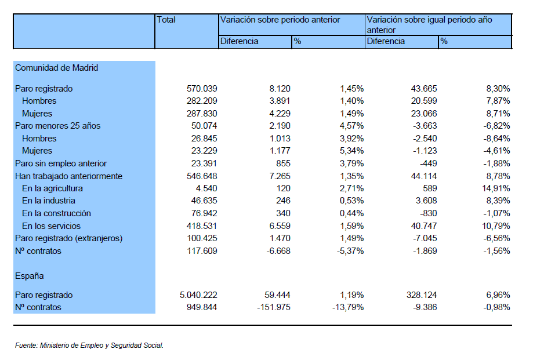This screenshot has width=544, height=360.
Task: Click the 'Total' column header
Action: pyautogui.click(x=166, y=20)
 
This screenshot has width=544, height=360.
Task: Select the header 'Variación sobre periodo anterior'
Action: pyautogui.click(x=280, y=20)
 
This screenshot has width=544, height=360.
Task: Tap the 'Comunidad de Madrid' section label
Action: pyautogui.click(x=57, y=68)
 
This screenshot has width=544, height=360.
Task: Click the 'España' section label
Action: pyautogui.click(x=30, y=276)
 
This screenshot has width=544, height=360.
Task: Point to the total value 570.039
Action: pyautogui.click(x=202, y=89)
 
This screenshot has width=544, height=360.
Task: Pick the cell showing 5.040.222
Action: pyautogui.click(x=198, y=295)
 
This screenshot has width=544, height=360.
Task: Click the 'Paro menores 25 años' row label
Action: pyautogui.click(x=57, y=126)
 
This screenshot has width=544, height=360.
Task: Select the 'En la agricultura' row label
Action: pyautogui.click(x=52, y=188)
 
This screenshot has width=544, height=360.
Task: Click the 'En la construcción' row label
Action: pyautogui.click(x=57, y=213)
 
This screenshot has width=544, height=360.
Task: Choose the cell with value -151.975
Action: pyautogui.click(x=274, y=307)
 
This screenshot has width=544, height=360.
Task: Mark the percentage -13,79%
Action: pyautogui.click(x=348, y=307)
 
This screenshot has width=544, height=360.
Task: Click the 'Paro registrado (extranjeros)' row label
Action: pyautogui.click(x=68, y=238)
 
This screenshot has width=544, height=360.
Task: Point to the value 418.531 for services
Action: pyautogui.click(x=202, y=226)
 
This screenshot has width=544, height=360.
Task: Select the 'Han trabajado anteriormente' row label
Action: pyautogui.click(x=68, y=176)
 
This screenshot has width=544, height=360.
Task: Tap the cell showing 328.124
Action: pyautogui.click(x=422, y=295)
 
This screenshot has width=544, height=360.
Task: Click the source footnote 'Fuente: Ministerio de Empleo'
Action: pyautogui.click(x=89, y=346)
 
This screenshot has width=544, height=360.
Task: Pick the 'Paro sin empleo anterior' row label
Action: pyautogui.click(x=61, y=163)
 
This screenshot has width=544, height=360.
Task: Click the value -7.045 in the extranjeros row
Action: pyautogui.click(x=425, y=238)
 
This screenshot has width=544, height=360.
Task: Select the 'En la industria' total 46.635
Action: pyautogui.click(x=204, y=201)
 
